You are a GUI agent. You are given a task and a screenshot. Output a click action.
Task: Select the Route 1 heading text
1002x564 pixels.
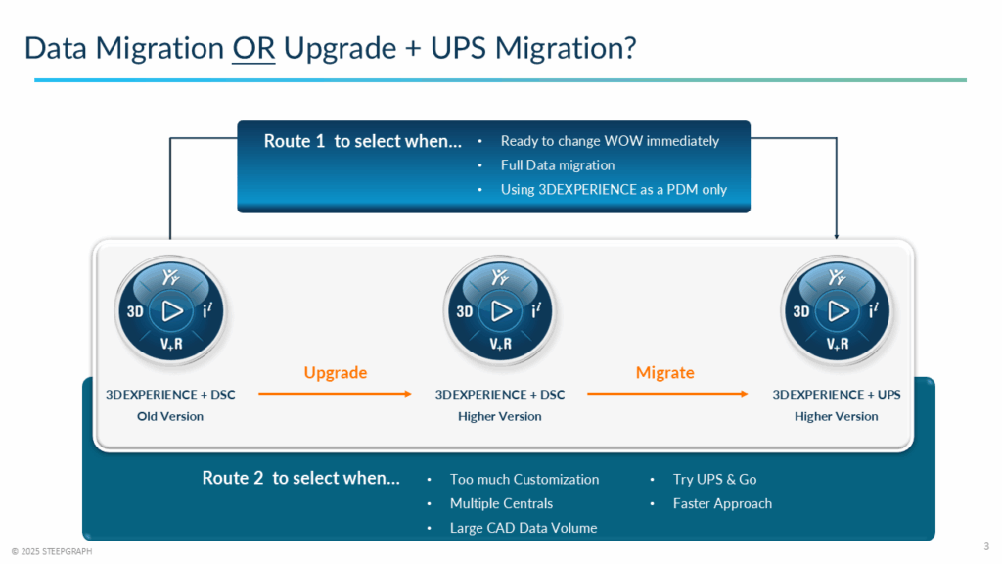(363, 141)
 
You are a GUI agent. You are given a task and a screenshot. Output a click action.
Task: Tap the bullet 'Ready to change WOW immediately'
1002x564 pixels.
(610, 141)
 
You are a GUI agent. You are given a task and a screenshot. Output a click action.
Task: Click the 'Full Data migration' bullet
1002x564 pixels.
(558, 165)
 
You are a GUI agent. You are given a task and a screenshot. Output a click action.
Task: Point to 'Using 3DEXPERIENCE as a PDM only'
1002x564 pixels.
(614, 190)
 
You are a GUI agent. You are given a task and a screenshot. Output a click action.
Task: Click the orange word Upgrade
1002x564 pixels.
(336, 373)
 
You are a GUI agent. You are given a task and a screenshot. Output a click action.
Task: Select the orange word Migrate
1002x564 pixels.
(664, 373)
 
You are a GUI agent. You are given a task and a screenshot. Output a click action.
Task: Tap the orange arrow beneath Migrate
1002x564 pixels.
(664, 395)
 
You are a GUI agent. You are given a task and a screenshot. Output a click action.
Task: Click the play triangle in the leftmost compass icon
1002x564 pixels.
(172, 311)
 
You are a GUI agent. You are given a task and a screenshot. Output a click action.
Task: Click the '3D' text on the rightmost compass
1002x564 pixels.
(800, 311)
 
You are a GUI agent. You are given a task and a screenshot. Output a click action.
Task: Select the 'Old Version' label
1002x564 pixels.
(170, 416)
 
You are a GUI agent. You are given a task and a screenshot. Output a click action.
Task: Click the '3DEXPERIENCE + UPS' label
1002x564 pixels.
(837, 395)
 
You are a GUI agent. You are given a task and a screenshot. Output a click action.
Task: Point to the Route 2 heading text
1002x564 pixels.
(300, 479)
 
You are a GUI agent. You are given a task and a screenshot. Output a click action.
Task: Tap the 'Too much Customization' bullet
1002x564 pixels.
(524, 480)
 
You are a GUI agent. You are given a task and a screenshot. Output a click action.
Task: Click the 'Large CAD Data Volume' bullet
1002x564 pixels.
(524, 528)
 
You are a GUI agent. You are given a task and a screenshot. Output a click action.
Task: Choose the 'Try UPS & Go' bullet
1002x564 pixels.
(714, 480)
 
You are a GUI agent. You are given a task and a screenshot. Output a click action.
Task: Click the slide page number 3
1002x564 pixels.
(984, 545)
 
